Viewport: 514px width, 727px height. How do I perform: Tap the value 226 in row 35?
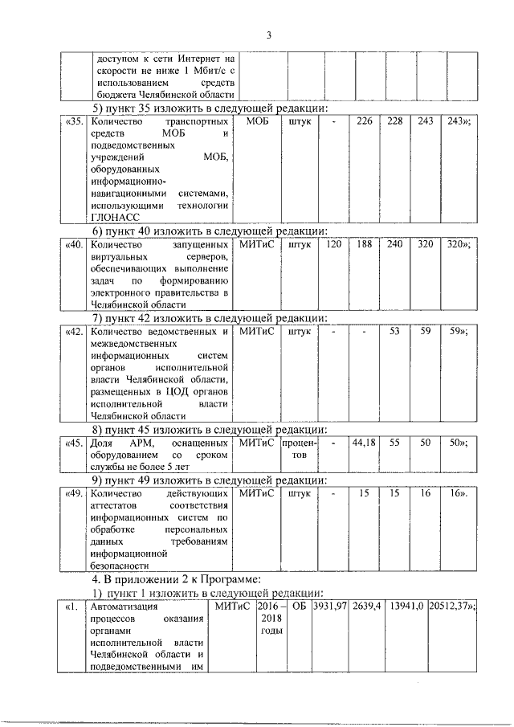(x=365, y=120)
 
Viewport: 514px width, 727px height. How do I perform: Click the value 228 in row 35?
(x=395, y=120)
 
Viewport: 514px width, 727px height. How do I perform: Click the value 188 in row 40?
(x=365, y=243)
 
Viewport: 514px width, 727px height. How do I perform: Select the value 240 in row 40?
(x=395, y=243)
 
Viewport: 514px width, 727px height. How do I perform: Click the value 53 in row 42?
(x=395, y=330)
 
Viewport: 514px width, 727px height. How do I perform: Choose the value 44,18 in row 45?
(x=365, y=442)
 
